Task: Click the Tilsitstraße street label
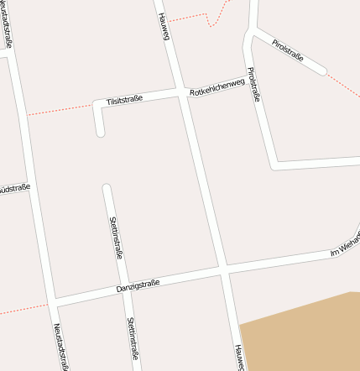[x=124, y=99]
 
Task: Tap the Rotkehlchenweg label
[x=217, y=86]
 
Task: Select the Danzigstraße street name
[x=138, y=287]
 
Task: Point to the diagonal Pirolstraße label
[x=287, y=51]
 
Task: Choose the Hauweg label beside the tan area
[x=239, y=357]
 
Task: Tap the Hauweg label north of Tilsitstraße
[x=164, y=25]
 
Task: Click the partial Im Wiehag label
[x=345, y=246]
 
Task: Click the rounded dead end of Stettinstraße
[x=107, y=187]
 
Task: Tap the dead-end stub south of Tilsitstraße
[x=101, y=130]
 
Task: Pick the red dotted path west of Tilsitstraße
[x=59, y=109]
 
